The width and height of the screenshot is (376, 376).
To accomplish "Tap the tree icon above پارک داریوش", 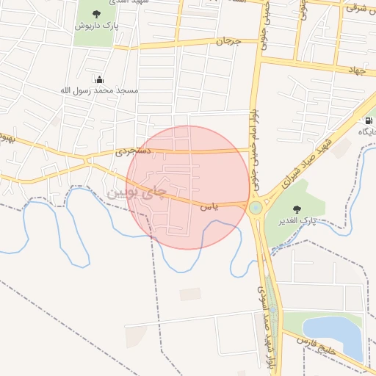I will click(x=97, y=12).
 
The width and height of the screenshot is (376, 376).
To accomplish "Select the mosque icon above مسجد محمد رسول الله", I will click(x=99, y=79).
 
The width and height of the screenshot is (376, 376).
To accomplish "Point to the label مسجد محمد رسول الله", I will click(x=98, y=90).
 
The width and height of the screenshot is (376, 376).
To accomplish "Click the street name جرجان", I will click(x=228, y=42).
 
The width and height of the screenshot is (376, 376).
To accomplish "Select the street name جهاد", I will click(x=358, y=70).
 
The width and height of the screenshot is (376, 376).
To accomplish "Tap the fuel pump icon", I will click(x=368, y=119).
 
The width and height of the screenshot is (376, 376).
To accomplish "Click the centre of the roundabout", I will click(x=256, y=208).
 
